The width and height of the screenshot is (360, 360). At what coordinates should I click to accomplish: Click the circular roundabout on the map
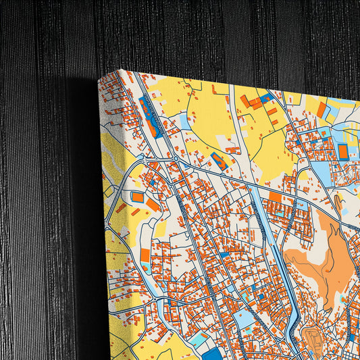pyautogui.click(x=176, y=159)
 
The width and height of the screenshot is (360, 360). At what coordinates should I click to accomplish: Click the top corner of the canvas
pyautogui.click(x=120, y=71)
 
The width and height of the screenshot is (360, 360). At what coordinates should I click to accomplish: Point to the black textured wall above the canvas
pyautogui.click(x=203, y=34)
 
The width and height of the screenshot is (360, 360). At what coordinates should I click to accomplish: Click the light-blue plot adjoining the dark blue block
pyautogui.click(x=195, y=341)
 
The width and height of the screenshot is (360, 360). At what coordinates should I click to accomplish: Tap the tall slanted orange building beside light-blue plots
pyautogui.click(x=322, y=109)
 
